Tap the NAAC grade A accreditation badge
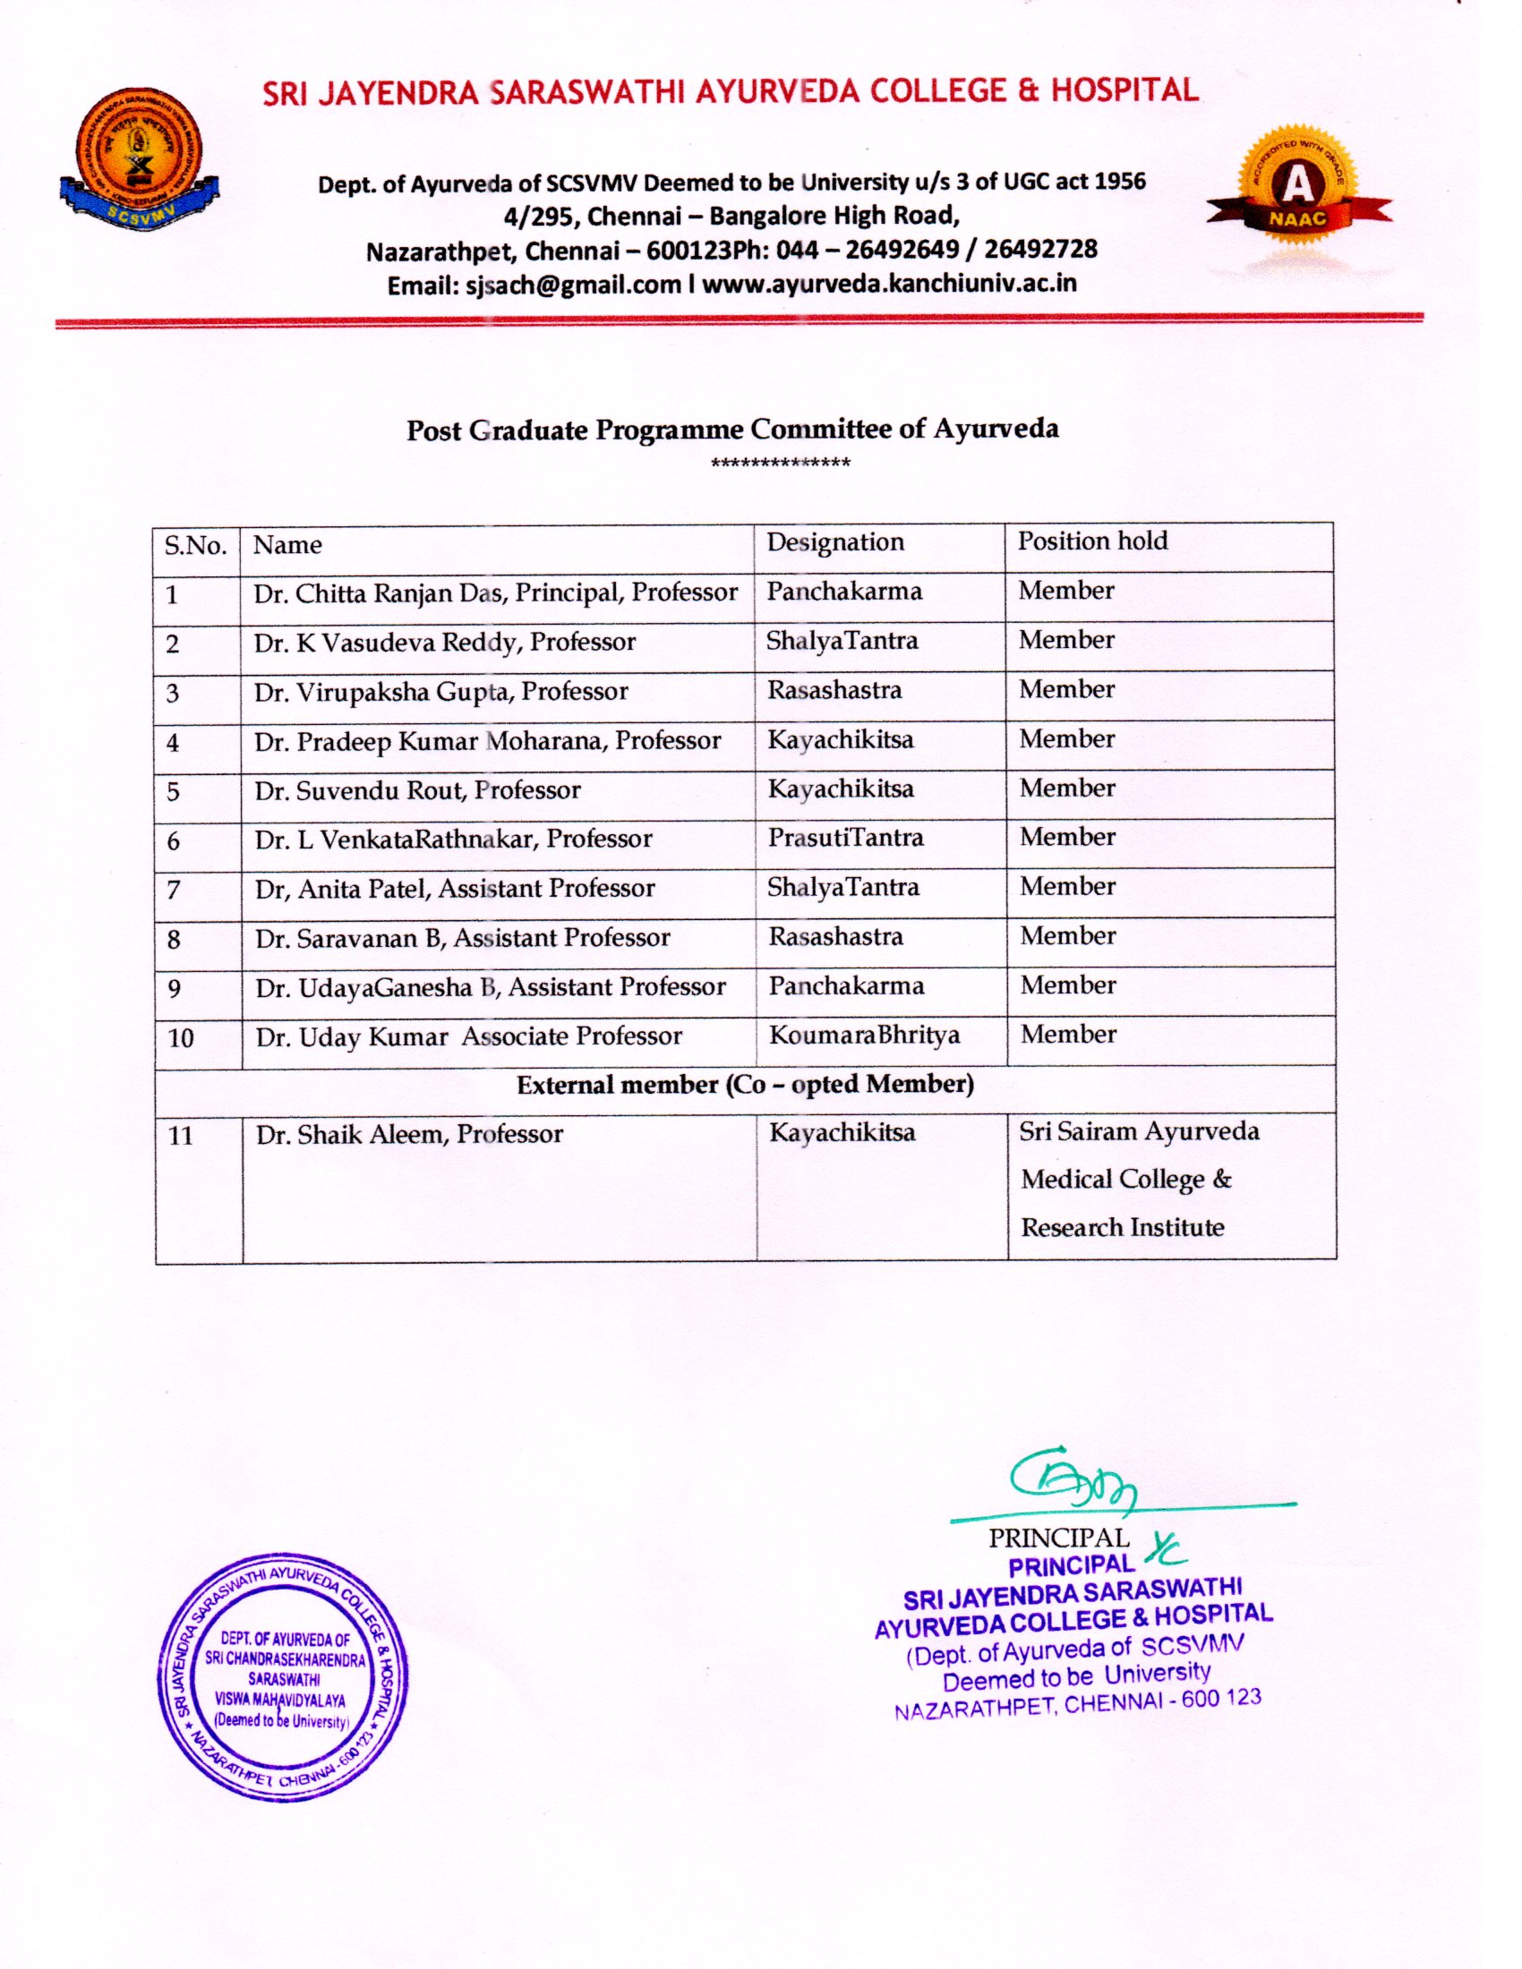1297,192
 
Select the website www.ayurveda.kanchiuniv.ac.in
889,283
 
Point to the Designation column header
835,542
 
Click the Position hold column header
1092,541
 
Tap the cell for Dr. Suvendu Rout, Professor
417,790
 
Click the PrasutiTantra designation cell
845,839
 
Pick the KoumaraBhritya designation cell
863,1036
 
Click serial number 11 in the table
180,1135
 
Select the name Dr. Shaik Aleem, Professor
409,1134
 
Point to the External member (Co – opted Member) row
745,1085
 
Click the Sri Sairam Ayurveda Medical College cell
1139,1180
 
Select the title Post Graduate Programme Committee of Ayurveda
732,429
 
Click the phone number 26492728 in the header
1040,250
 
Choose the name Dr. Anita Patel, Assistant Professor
455,889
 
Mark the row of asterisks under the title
780,465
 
